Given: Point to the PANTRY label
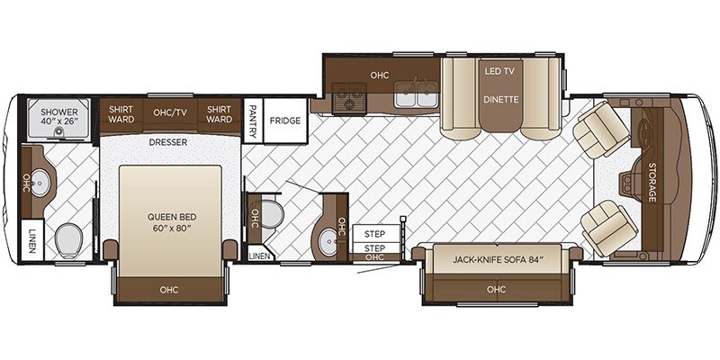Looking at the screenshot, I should (x=252, y=120).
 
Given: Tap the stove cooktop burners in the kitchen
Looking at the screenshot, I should (x=347, y=96).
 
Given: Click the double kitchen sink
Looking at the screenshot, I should (x=416, y=95).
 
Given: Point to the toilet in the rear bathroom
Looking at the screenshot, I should (x=67, y=240).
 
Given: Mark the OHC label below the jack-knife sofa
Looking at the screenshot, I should (x=495, y=290).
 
